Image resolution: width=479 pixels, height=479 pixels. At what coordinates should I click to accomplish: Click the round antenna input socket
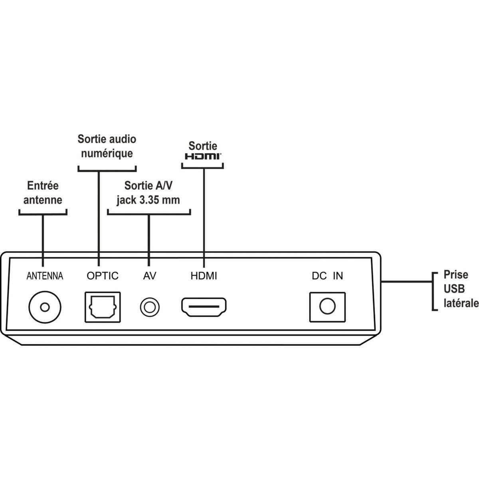tap(45, 307)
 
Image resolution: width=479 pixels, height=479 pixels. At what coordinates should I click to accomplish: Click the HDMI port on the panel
tap(204, 307)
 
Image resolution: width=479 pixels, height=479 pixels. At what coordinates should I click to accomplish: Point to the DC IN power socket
tap(327, 307)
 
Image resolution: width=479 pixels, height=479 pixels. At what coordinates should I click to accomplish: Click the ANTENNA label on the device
tap(45, 276)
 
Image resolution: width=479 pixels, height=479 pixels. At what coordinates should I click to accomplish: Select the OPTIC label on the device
tap(103, 276)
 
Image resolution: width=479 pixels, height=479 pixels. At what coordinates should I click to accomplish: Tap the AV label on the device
tap(150, 276)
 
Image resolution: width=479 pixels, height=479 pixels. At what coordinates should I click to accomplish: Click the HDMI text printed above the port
tap(204, 276)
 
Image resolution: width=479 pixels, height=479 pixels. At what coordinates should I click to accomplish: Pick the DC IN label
tap(327, 276)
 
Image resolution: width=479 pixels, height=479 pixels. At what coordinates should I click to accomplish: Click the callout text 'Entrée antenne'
tap(43, 193)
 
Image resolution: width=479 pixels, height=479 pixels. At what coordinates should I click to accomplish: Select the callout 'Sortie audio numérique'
tap(107, 146)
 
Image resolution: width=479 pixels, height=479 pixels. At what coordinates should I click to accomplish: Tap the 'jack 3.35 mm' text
tap(148, 200)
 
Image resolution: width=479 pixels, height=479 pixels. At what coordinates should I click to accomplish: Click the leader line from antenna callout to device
tap(43, 236)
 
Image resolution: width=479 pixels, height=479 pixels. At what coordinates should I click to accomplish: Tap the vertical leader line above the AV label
tap(148, 239)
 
